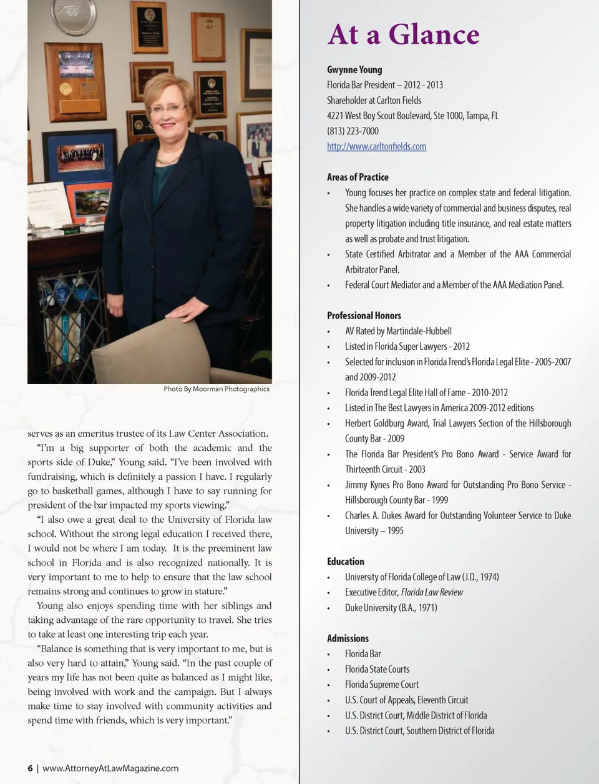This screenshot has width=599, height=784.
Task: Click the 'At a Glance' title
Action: [403, 34]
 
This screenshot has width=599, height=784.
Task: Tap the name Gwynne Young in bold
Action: [354, 69]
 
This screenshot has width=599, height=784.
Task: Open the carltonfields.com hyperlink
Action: [376, 146]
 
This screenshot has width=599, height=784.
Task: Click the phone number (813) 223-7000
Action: [353, 131]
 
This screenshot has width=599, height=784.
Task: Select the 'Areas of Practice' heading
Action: [358, 177]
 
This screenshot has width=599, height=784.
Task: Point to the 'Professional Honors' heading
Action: [364, 315]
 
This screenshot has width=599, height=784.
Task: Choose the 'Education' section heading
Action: [345, 561]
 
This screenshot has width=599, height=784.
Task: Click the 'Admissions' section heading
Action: [348, 638]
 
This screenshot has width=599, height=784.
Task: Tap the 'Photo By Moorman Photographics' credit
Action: [217, 389]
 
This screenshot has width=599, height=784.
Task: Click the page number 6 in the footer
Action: [30, 768]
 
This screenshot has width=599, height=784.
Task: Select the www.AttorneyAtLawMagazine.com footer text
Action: [110, 768]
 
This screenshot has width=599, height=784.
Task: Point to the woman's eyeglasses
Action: [167, 108]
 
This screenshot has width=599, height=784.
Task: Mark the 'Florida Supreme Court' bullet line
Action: [382, 684]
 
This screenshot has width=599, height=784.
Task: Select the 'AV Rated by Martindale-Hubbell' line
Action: [398, 330]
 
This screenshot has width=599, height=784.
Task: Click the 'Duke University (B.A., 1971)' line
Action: [391, 607]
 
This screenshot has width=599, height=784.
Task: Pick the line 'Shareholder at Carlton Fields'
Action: [374, 100]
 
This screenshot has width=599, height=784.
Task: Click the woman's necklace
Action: [167, 160]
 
